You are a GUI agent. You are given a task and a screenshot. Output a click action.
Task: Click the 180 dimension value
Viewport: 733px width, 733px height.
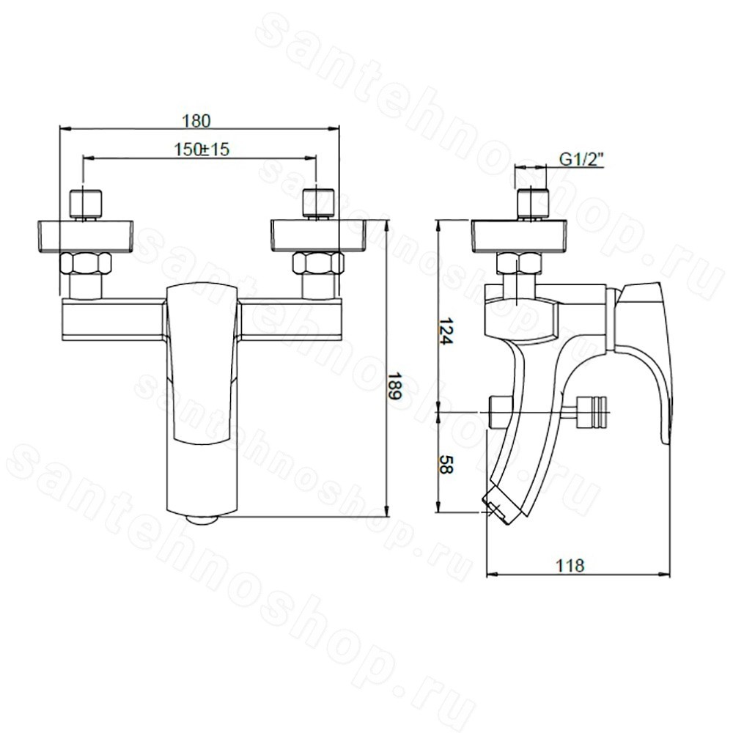pyautogui.click(x=196, y=121)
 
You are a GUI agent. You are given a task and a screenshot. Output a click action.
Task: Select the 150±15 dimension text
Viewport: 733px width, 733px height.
pyautogui.click(x=202, y=149)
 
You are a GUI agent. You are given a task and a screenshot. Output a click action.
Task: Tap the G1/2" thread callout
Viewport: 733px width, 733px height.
pyautogui.click(x=581, y=160)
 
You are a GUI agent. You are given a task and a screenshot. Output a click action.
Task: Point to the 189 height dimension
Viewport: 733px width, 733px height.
pyautogui.click(x=395, y=386)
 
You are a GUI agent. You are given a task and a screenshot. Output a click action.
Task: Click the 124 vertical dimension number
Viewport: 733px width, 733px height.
pyautogui.click(x=446, y=331)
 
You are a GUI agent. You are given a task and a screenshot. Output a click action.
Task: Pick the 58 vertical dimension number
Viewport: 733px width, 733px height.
pyautogui.click(x=446, y=465)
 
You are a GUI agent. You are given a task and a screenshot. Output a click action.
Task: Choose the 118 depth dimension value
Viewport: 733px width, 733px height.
pyautogui.click(x=570, y=566)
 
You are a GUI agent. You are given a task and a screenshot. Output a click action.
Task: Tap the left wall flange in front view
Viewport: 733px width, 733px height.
pyautogui.click(x=84, y=237)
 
